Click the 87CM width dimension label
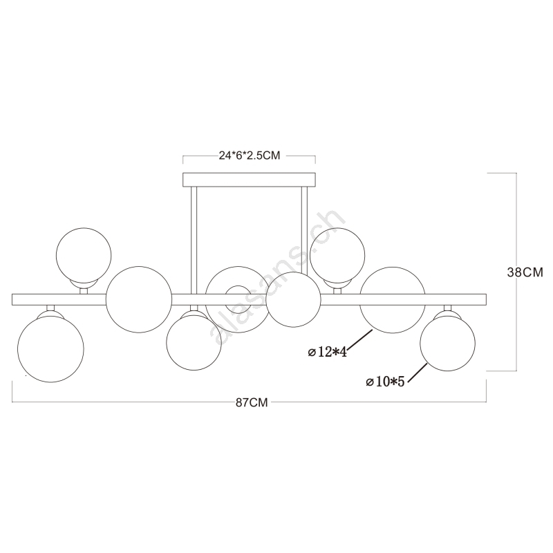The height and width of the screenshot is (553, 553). [x=252, y=403]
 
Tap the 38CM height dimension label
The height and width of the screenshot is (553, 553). [x=525, y=272]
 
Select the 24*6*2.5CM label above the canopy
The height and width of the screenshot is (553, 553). [x=250, y=156]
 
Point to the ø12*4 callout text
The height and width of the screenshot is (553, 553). [x=327, y=352]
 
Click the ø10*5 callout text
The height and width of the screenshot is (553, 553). [x=385, y=382]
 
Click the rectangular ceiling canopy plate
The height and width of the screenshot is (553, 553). [x=249, y=180]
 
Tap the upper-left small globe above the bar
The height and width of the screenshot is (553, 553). [x=84, y=255]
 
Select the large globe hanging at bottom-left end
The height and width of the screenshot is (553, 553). [x=50, y=349]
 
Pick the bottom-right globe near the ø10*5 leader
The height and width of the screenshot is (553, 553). [x=447, y=343]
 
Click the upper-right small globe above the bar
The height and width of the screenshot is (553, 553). [x=337, y=255]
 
